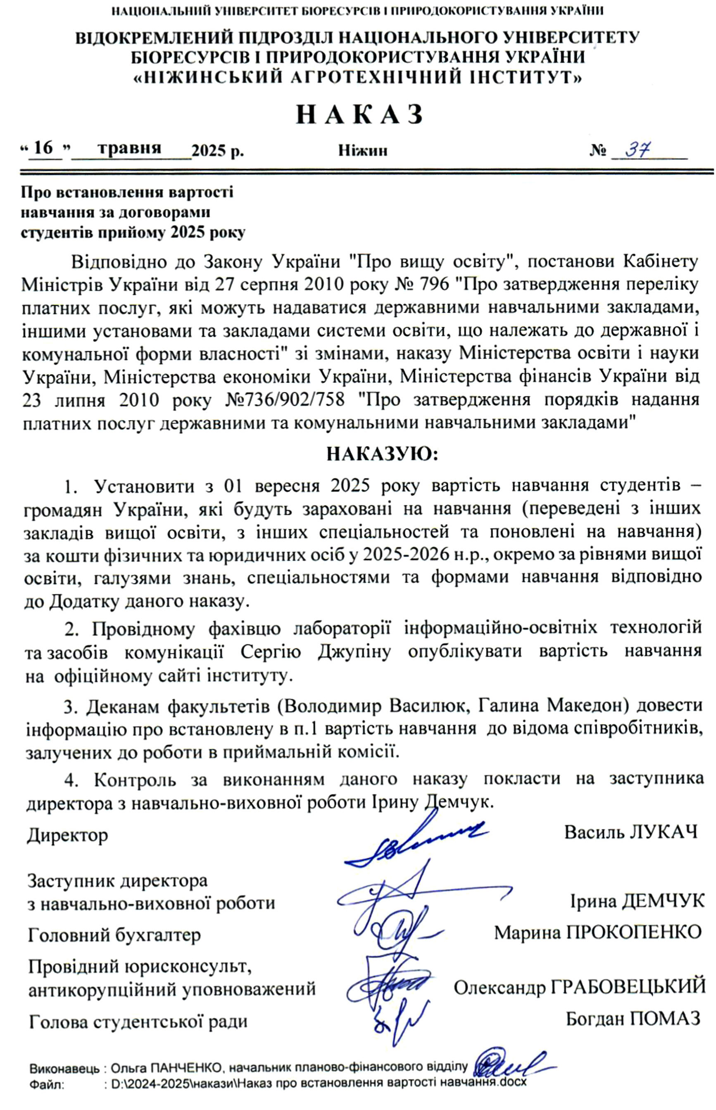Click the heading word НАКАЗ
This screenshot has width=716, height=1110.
(360, 114)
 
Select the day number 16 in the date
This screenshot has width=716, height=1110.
(44, 148)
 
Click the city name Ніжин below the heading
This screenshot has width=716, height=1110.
(363, 151)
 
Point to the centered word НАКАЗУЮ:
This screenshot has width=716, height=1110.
(382, 454)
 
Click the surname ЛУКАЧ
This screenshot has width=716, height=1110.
(664, 832)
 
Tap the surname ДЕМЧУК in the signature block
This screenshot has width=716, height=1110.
(663, 901)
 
